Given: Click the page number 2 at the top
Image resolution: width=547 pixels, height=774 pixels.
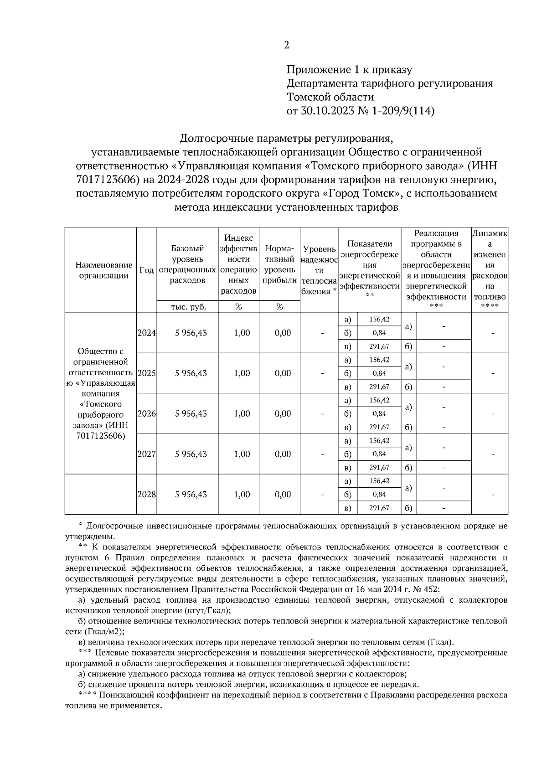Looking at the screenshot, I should [286, 45].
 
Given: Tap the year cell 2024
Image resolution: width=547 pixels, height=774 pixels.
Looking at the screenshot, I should [147, 333].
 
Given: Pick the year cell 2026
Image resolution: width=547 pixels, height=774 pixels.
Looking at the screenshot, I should [147, 414].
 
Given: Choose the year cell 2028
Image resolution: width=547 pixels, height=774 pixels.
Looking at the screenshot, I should [147, 495].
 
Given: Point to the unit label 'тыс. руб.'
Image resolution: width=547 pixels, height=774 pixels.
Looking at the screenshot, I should [188, 307].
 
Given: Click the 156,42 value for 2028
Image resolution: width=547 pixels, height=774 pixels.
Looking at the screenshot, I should [379, 481].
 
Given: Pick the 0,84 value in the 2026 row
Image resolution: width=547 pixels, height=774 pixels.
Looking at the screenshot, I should [379, 414].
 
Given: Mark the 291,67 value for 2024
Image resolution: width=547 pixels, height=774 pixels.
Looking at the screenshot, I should [379, 346].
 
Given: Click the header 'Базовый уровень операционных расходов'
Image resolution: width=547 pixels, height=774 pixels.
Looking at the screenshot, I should [188, 264].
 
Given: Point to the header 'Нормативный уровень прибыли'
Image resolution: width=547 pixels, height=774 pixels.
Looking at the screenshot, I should [279, 264].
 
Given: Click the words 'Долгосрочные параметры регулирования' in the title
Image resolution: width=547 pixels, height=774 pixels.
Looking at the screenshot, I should [286, 138].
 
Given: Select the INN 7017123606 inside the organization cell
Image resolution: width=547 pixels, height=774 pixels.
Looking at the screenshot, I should [101, 436].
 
